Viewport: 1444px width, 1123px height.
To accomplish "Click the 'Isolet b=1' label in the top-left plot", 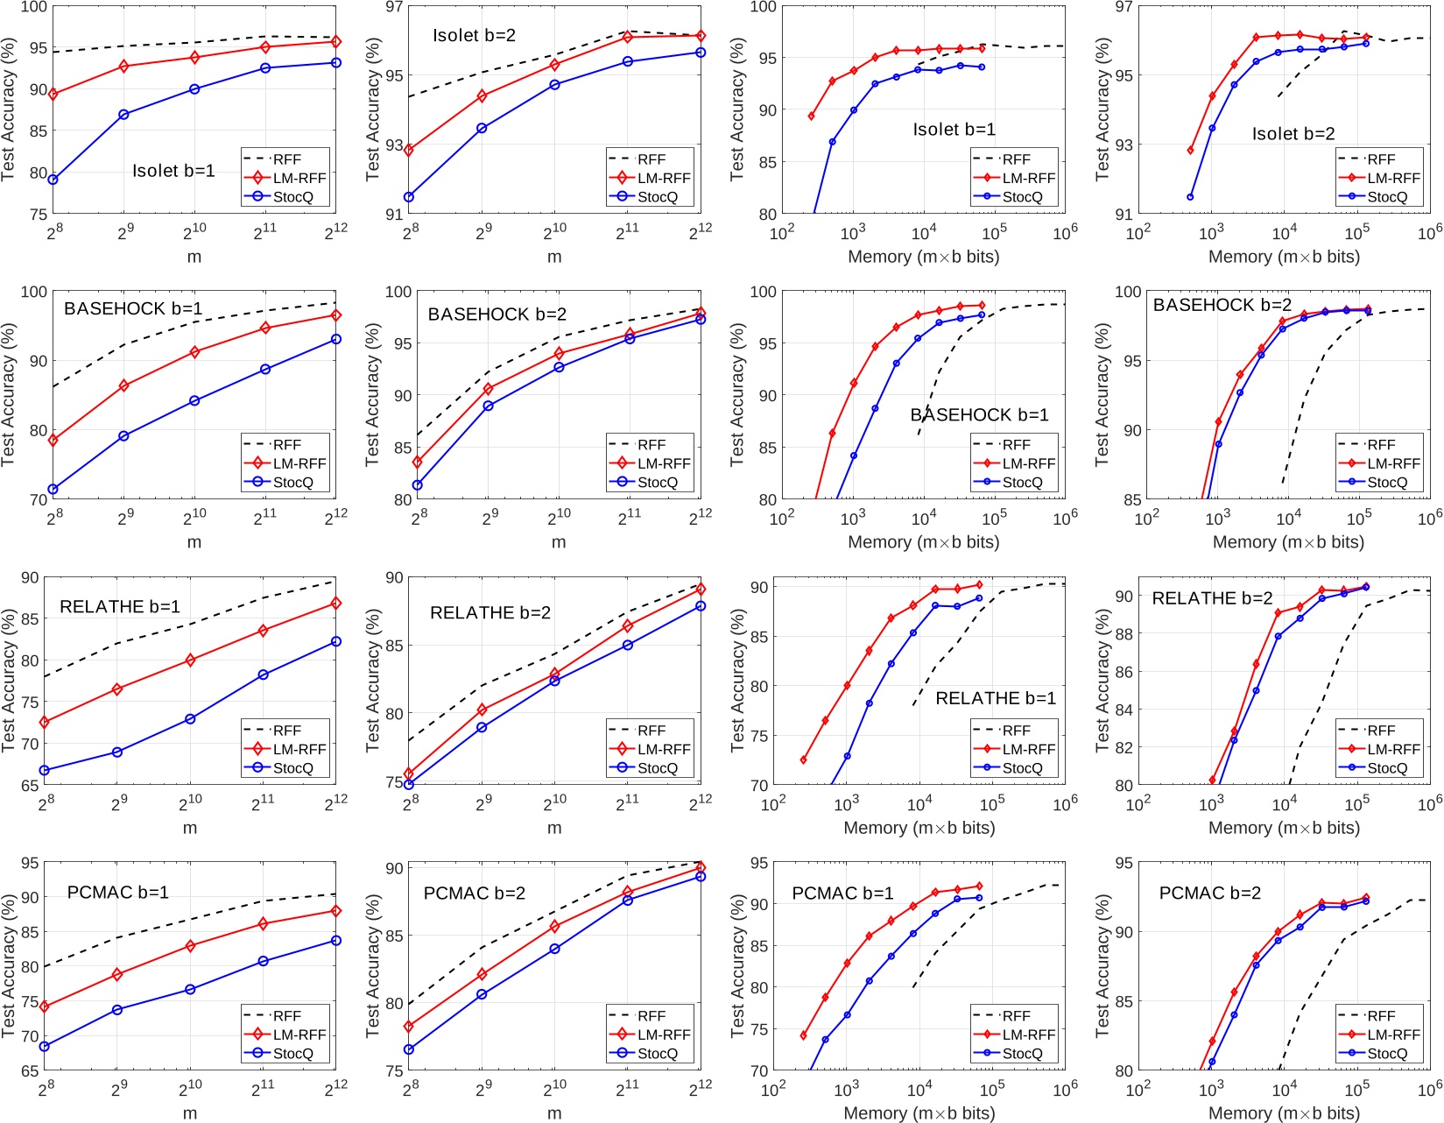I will coord(173,171).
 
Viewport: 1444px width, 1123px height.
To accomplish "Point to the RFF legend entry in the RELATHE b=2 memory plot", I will coord(1381,731).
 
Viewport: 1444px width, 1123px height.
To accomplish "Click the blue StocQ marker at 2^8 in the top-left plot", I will coord(53,180).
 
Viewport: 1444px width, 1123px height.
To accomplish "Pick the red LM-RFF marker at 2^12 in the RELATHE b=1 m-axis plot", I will coord(336,604).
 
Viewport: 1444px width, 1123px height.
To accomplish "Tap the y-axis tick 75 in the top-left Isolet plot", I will coord(38,214).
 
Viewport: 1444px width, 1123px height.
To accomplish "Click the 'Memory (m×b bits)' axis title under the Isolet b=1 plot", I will coord(923,257).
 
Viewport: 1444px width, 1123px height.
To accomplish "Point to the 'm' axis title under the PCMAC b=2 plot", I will coord(554,1113).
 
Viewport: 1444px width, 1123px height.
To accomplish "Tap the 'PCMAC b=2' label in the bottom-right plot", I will coord(1209,893).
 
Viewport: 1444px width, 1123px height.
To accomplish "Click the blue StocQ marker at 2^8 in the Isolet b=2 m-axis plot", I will coord(409,197).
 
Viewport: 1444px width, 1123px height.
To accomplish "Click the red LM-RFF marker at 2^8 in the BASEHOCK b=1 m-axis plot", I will coord(53,441).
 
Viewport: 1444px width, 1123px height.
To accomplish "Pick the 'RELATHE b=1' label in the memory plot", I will coord(996,698).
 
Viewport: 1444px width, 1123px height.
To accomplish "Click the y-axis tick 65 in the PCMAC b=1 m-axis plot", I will coord(30,1070).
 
